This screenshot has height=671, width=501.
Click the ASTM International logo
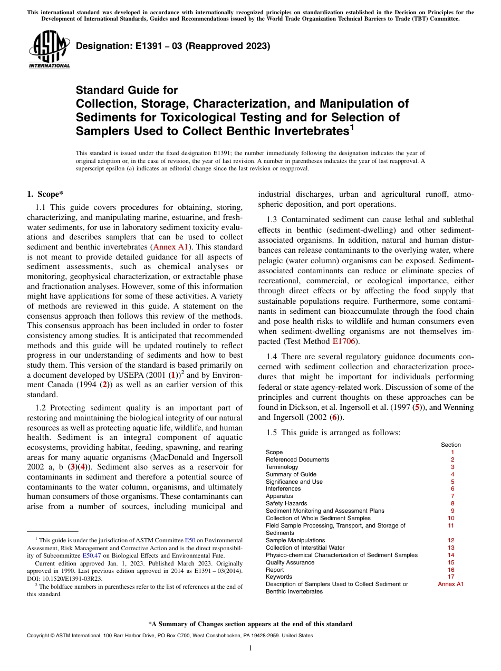coord(49,50)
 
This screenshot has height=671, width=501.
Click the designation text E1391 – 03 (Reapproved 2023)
coord(173,46)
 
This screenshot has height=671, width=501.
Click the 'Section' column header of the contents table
coord(451,445)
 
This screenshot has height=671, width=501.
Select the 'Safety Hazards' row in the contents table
coord(286,503)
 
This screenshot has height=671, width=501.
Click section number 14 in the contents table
coord(451,555)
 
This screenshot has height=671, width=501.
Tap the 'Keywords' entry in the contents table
coord(278,577)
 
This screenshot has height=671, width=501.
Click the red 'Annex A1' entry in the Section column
coord(451,584)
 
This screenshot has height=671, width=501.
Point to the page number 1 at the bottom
coord(250,648)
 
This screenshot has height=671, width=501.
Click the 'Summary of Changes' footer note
coord(250,624)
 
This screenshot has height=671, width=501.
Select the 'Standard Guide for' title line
coord(127,90)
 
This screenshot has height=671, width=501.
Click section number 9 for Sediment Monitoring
coord(452,511)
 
